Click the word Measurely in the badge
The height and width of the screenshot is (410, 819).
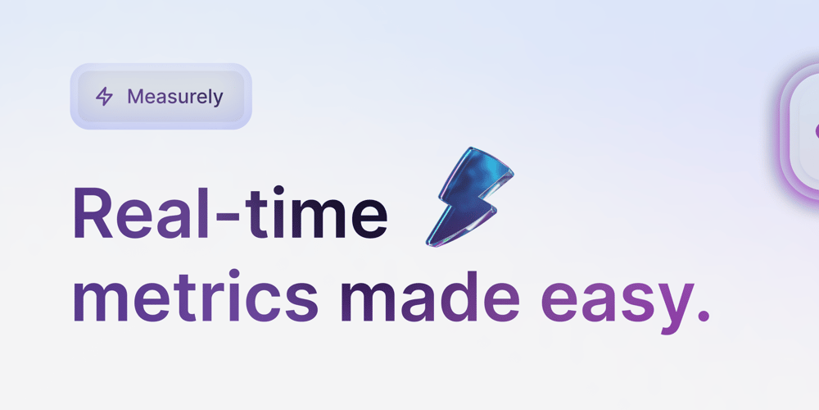pyautogui.click(x=174, y=97)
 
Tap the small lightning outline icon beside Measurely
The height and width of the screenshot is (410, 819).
pyautogui.click(x=104, y=97)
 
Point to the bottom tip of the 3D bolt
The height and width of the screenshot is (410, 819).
pyautogui.click(x=429, y=243)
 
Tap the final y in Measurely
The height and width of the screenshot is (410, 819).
pyautogui.click(x=217, y=99)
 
